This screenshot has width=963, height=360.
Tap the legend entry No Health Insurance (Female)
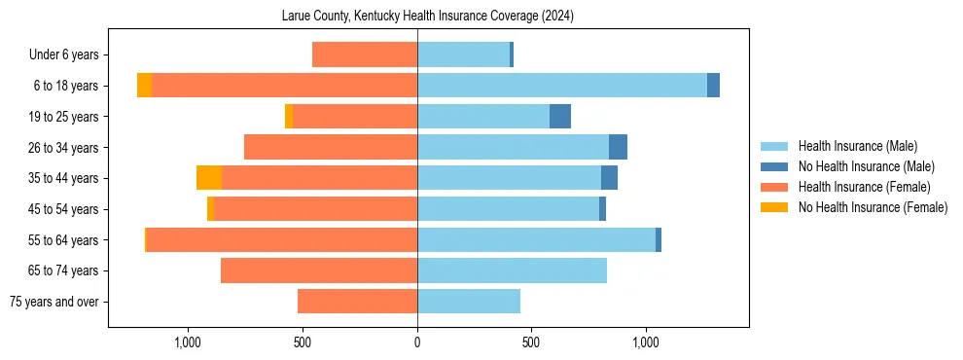click(x=872, y=207)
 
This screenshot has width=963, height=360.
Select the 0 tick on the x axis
click(x=417, y=342)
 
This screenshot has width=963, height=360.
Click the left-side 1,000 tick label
click(x=187, y=342)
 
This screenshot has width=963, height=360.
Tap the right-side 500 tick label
click(x=531, y=342)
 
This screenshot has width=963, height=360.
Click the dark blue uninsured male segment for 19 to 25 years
click(x=560, y=117)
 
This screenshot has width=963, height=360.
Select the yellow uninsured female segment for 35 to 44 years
click(x=209, y=178)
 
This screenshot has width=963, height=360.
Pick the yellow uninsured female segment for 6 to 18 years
click(x=144, y=86)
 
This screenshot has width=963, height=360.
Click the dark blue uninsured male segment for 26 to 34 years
click(x=618, y=148)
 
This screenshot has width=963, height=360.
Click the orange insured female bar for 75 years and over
click(x=357, y=302)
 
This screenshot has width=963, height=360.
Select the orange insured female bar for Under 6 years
click(x=365, y=55)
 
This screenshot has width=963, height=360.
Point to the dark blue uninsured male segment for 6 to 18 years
click(x=713, y=86)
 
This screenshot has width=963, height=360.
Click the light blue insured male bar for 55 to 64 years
click(x=536, y=240)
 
